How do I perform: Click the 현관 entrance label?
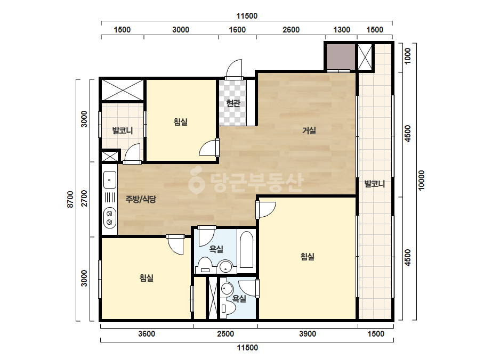[x=233, y=103]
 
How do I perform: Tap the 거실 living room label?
[x=309, y=130]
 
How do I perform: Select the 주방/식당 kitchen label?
[x=141, y=199]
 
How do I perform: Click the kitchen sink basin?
[x=109, y=179]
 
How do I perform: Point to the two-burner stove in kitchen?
[x=109, y=218]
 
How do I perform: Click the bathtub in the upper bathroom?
[x=247, y=250]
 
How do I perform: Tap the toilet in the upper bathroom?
[x=206, y=266]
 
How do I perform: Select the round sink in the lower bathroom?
[x=227, y=288]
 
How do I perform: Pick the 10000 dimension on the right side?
[x=422, y=180]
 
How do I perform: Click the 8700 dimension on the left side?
[x=70, y=199]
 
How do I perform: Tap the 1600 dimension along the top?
[x=237, y=30]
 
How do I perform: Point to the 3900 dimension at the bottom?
[x=308, y=334]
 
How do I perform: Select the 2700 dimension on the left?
[x=84, y=198]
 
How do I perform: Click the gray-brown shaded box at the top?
[x=341, y=57]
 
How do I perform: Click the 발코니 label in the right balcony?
[x=375, y=184]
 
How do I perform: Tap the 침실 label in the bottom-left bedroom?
[x=147, y=278]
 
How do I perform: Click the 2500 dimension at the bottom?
[x=225, y=334]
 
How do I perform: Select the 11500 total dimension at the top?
[x=247, y=16]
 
